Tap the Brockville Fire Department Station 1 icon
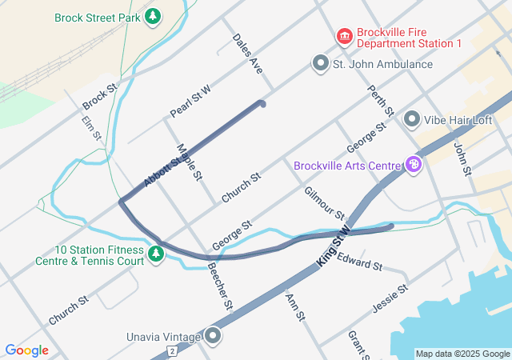(x=345, y=36)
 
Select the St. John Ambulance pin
(x=321, y=63)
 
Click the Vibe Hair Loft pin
(x=412, y=119)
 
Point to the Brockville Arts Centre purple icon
(x=414, y=166)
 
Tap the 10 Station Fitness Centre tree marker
(x=157, y=254)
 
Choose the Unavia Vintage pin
(x=213, y=336)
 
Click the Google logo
(x=27, y=350)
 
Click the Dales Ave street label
(x=247, y=54)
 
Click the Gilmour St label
(x=324, y=203)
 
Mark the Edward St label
(x=359, y=261)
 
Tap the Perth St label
(x=381, y=100)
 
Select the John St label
(x=463, y=158)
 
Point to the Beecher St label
(x=219, y=285)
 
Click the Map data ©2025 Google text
(x=462, y=354)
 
